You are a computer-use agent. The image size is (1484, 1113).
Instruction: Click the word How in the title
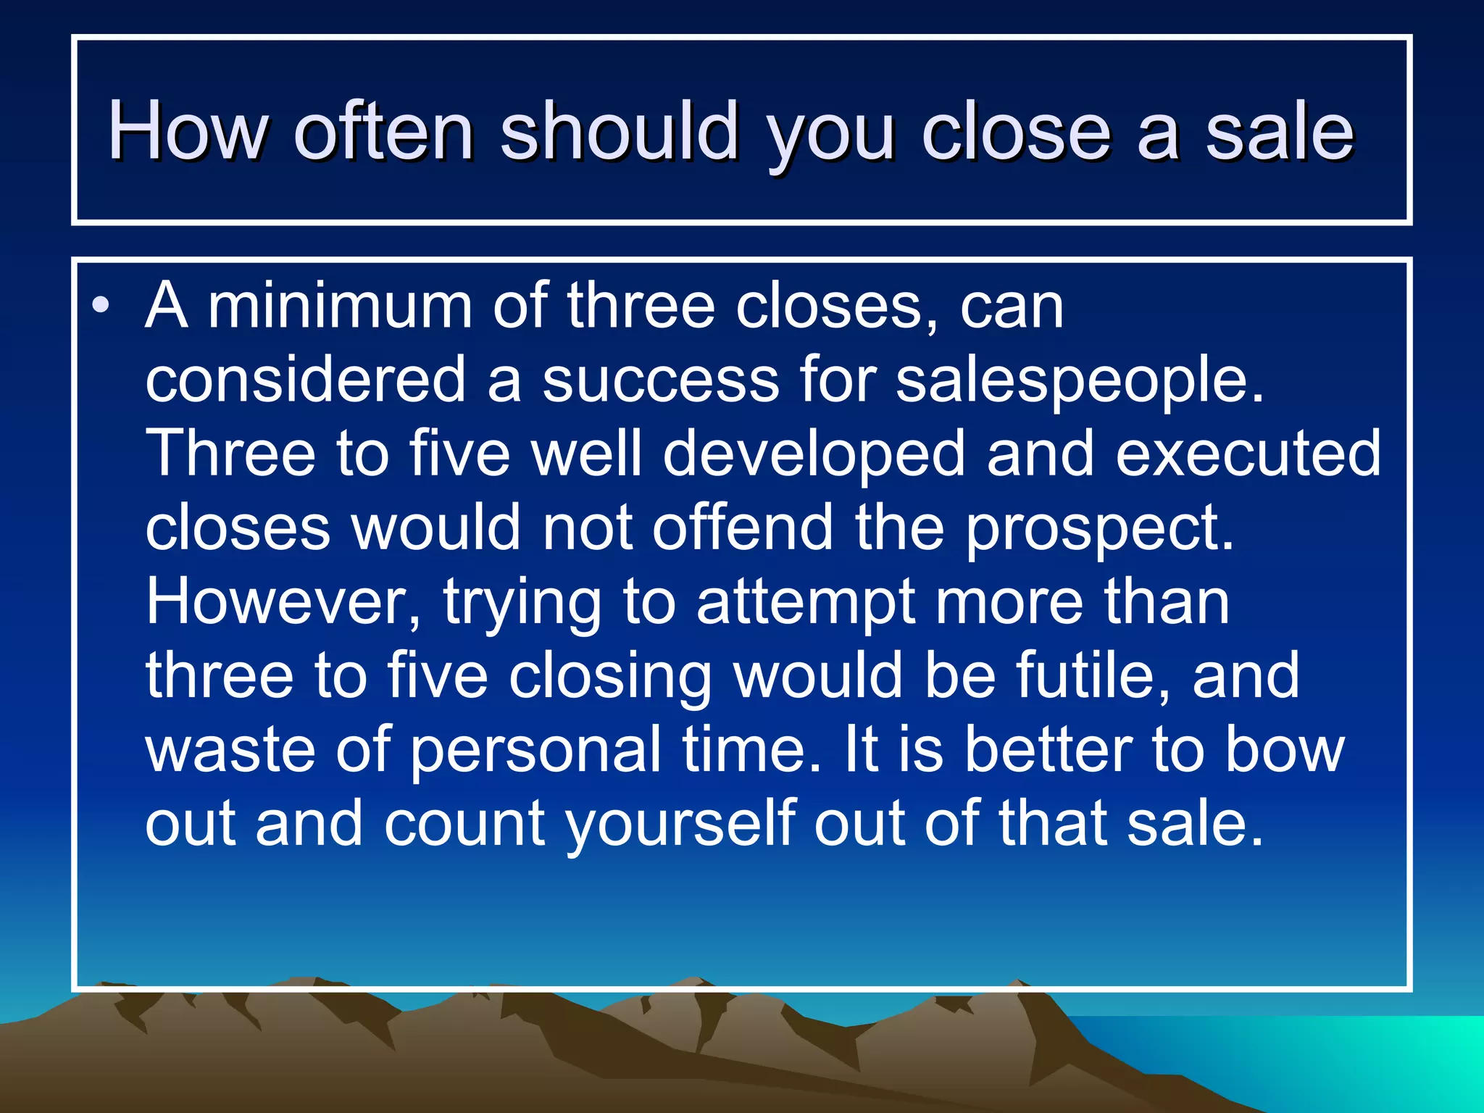188,131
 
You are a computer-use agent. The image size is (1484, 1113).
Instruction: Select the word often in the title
383,131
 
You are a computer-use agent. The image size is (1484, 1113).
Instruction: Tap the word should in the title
620,131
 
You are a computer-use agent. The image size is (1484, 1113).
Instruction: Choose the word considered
305,380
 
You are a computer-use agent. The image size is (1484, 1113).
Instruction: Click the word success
660,381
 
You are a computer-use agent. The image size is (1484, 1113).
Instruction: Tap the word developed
814,455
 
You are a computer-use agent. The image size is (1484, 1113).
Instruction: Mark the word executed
1248,454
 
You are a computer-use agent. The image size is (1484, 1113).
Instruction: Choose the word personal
535,751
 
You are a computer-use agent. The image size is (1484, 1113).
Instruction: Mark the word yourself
680,825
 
